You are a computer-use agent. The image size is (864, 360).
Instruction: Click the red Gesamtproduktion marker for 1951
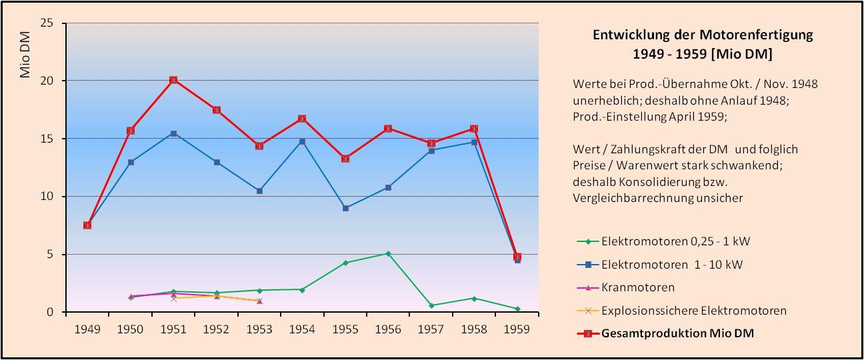(x=173, y=80)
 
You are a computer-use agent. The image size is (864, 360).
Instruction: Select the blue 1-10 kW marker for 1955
(x=345, y=208)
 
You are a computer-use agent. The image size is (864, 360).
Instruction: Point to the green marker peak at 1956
(x=388, y=253)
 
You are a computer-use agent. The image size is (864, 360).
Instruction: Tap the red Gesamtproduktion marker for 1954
(x=302, y=119)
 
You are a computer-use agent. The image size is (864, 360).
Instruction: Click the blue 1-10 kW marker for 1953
(x=259, y=191)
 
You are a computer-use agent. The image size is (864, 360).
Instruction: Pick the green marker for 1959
(x=517, y=309)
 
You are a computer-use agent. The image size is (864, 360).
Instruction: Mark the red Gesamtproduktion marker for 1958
(x=474, y=129)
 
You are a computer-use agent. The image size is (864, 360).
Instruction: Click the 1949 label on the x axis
(x=87, y=329)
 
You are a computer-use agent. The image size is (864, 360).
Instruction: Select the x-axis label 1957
(x=431, y=329)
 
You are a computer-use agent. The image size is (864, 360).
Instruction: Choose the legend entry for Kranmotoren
(x=638, y=287)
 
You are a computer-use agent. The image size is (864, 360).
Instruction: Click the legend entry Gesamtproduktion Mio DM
(x=677, y=333)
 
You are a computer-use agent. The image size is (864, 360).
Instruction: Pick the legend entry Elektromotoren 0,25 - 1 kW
(x=676, y=241)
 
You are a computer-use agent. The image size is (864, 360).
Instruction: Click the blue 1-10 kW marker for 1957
(x=431, y=151)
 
